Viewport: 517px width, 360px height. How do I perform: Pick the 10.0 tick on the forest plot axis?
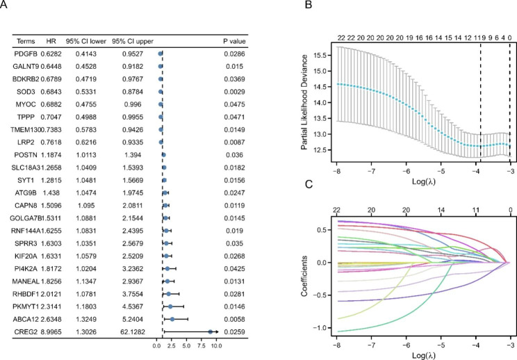pyautogui.click(x=216, y=344)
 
